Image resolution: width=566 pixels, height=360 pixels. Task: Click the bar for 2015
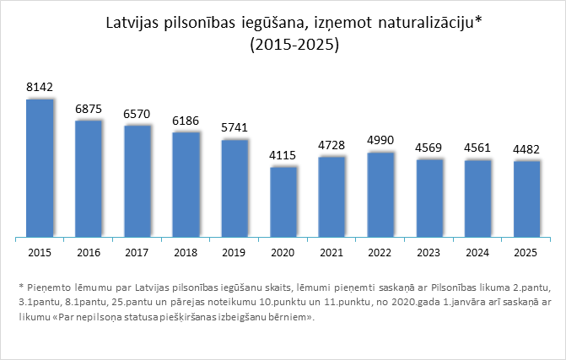point(40,169)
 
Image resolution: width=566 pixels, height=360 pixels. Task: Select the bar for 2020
point(283,202)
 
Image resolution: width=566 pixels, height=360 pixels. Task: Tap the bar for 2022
point(380,195)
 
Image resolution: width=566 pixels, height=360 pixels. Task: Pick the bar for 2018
point(186,185)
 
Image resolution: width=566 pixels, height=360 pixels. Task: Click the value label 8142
point(40,87)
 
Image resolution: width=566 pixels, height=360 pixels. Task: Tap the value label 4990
point(380,140)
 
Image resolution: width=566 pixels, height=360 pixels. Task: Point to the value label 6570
point(137,114)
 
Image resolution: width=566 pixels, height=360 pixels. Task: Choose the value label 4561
point(478,148)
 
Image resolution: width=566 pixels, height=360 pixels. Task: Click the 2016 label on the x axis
point(88,251)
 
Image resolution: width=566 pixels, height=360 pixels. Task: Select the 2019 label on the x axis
point(234,251)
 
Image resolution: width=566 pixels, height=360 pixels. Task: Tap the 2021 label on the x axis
point(332,251)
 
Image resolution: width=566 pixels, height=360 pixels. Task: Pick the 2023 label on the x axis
point(429,251)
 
